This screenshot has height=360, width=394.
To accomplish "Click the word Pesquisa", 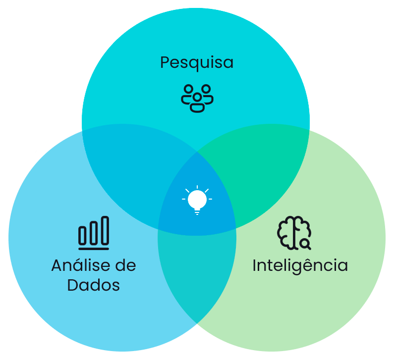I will (197, 63).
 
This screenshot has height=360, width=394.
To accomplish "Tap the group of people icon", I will (197, 98).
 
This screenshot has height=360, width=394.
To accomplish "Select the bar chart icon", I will (94, 233).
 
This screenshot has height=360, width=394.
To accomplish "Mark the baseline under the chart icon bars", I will (94, 247).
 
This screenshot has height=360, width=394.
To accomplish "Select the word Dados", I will (94, 285).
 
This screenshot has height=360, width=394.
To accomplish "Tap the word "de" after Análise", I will (125, 265).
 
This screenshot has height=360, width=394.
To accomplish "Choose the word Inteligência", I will (300, 265).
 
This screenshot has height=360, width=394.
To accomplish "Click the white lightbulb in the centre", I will (197, 200).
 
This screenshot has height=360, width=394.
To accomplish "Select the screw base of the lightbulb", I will (197, 211).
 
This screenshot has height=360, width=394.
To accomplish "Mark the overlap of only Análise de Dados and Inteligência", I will (197, 277).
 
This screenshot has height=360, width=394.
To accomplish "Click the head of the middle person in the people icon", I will (197, 95).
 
